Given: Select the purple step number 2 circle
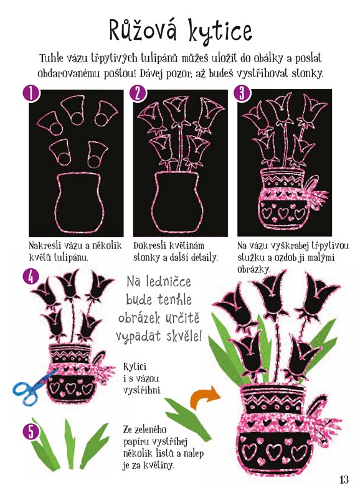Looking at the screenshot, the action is pos(137,93).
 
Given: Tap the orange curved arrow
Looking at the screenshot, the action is pos(205,397).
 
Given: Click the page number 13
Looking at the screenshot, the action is pos(344,479).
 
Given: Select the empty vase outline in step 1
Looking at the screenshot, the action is pos(80,204).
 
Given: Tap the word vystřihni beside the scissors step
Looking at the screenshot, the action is pos(143,390).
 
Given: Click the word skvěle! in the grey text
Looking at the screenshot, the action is pos(184,336).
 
